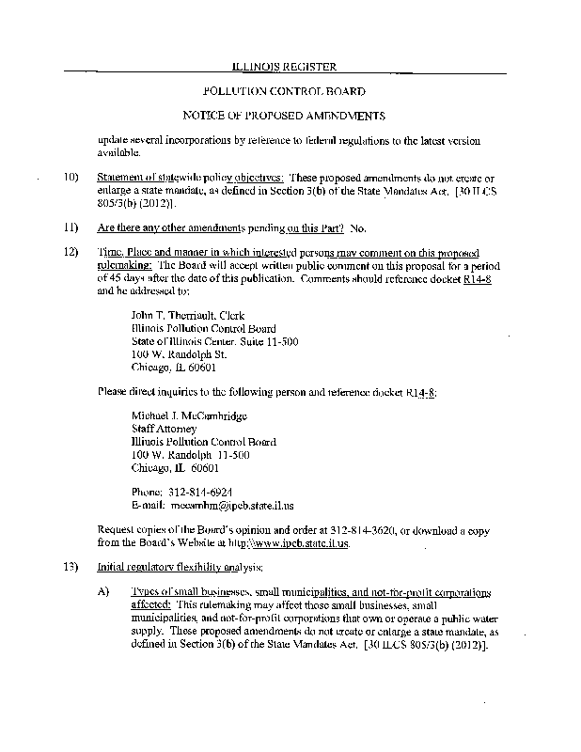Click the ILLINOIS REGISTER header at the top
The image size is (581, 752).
click(284, 67)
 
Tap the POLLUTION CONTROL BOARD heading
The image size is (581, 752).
click(284, 92)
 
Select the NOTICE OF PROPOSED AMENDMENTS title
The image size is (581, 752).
click(284, 117)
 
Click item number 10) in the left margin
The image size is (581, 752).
click(71, 177)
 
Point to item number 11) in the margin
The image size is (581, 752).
click(71, 228)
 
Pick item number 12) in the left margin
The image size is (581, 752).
click(71, 254)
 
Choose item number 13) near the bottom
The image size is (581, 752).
click(71, 569)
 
